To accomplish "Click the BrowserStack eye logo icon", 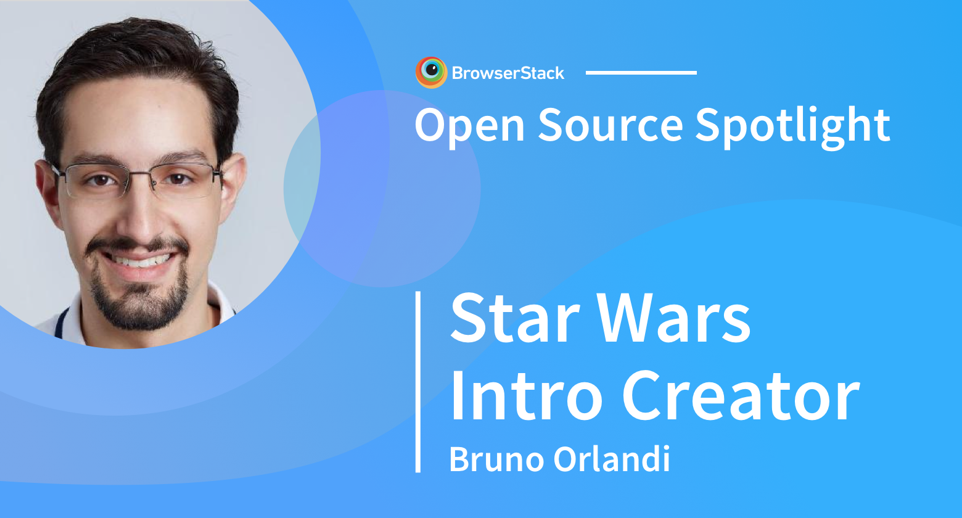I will (x=431, y=72).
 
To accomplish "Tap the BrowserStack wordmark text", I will (x=508, y=73).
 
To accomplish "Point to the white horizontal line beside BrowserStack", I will (x=641, y=73).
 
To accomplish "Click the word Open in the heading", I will (x=469, y=125).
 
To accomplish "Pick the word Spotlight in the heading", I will (x=792, y=125).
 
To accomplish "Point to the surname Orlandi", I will (x=610, y=459).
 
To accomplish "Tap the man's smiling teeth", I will (x=139, y=261).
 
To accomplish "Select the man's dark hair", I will (x=136, y=55).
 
